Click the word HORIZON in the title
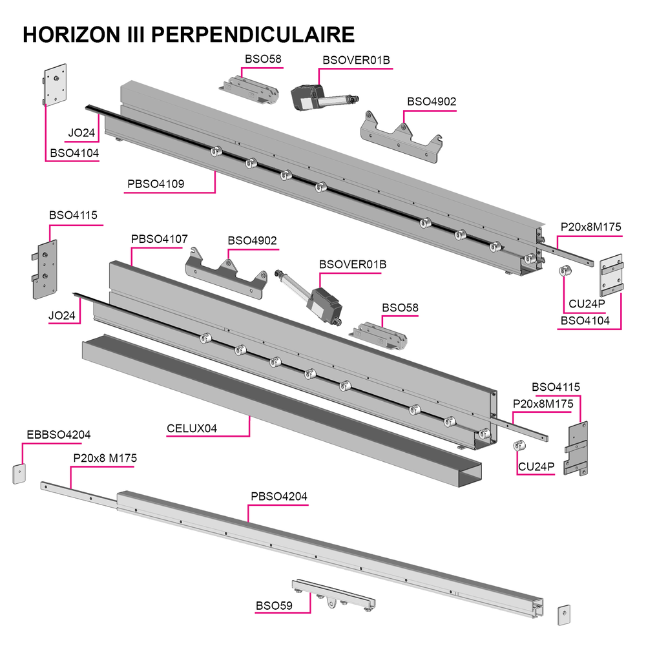(x=71, y=34)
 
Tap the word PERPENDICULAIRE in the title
(x=253, y=34)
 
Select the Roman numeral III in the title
(x=136, y=34)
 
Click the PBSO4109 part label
(x=156, y=183)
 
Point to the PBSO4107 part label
(x=160, y=239)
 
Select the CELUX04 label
(x=192, y=428)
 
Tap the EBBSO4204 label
(x=59, y=435)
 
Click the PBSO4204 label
(x=279, y=496)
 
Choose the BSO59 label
(x=274, y=606)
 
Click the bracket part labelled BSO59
(x=334, y=594)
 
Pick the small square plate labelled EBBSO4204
(x=19, y=474)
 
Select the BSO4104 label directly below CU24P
(x=585, y=320)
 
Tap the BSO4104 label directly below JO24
(x=74, y=153)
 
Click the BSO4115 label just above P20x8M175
(x=556, y=387)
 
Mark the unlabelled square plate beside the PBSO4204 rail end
(x=564, y=615)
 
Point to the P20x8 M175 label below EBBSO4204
(x=105, y=458)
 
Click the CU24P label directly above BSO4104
(x=587, y=304)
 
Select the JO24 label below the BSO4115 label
(x=62, y=316)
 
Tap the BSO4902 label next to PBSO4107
(x=252, y=240)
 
